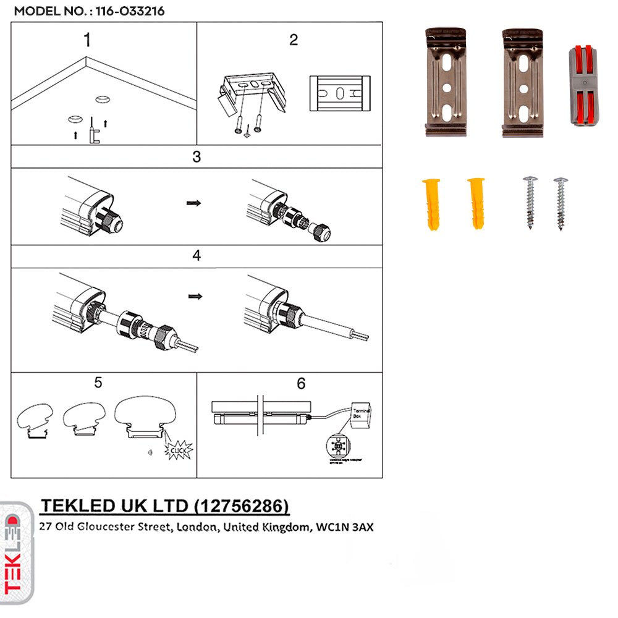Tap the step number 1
tap(87, 40)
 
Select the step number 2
tap(294, 40)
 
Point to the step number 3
tap(197, 156)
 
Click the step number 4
tap(197, 255)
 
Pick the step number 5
tap(98, 383)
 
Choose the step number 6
tap(301, 384)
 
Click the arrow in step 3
tap(194, 202)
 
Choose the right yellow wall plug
tap(476, 203)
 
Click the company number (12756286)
tap(241, 507)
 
